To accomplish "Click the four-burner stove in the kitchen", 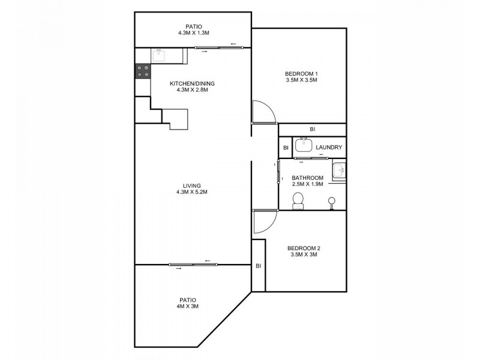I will [143, 71].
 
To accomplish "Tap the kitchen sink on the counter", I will [160, 56].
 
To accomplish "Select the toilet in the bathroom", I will [298, 204].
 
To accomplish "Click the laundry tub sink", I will [304, 146].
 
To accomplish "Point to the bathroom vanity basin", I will [340, 170].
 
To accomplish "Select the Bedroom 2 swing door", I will [263, 223].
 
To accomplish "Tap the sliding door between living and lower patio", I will [192, 265].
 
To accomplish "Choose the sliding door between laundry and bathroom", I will [314, 158].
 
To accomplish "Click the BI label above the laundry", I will [313, 130].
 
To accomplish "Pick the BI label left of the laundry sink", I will [286, 147].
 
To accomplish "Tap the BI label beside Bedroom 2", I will [259, 266].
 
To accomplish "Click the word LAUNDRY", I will [328, 147].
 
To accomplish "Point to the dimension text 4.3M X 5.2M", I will [192, 192].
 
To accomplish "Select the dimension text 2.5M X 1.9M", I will [307, 184].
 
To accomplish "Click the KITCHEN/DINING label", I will [192, 83].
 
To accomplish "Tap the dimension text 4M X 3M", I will [188, 307].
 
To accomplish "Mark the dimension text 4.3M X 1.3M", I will [192, 33].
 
